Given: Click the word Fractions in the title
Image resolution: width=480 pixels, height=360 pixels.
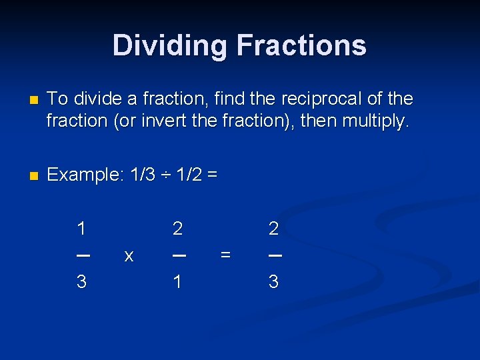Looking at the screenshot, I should point(301,45).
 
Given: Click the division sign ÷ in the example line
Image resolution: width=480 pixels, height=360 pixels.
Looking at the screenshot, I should point(167,175).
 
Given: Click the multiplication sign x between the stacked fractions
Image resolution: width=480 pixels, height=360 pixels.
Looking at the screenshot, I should point(129,255).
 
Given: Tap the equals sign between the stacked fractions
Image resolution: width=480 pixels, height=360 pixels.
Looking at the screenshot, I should point(225,255).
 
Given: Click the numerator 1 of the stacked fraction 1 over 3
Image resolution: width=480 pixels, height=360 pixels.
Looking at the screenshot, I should point(81,229).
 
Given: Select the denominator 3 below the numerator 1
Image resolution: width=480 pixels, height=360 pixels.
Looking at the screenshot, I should point(81,282).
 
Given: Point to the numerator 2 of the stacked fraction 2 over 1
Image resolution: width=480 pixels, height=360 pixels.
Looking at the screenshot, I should point(177,229).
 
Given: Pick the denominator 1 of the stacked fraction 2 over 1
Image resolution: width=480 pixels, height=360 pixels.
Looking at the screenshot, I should point(177,282).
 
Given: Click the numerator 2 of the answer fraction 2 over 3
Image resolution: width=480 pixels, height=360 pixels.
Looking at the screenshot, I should point(273,229).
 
